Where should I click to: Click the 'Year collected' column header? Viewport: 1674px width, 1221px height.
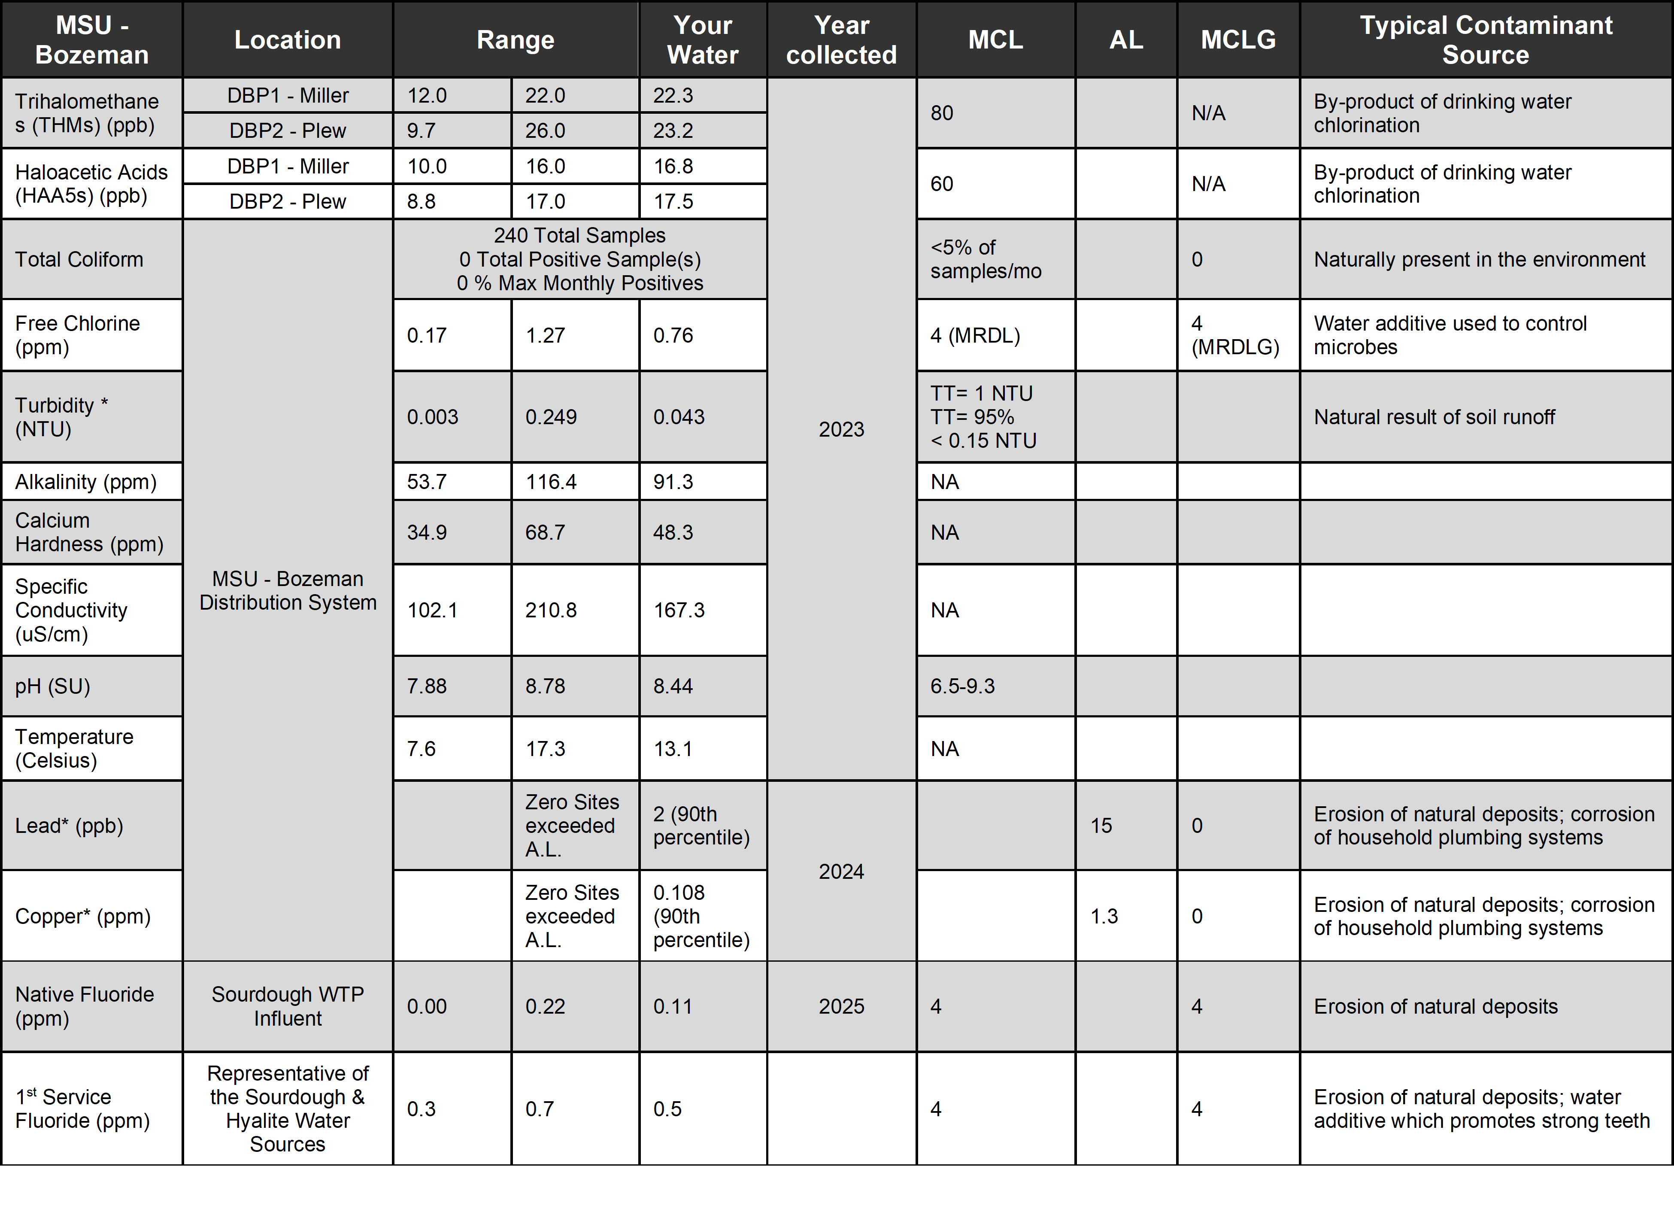[841, 40]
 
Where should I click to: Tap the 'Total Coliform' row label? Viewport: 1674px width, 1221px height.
[79, 259]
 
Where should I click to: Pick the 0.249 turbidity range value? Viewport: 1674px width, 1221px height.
[551, 417]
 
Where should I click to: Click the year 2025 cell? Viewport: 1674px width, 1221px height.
[841, 1006]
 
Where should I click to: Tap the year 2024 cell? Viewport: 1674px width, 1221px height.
[841, 872]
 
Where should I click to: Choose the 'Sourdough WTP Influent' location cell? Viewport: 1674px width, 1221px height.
[288, 1006]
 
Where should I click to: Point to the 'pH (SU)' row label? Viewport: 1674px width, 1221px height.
[52, 686]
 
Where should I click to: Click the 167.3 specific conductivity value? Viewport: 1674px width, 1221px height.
[679, 610]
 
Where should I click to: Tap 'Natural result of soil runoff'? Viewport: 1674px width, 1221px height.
[1434, 417]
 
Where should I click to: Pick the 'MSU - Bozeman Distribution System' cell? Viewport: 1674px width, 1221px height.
[288, 591]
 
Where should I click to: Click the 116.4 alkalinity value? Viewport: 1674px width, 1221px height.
[551, 482]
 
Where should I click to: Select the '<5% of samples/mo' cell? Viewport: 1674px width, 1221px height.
[986, 259]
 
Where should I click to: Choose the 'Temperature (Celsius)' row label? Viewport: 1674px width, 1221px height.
[74, 748]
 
